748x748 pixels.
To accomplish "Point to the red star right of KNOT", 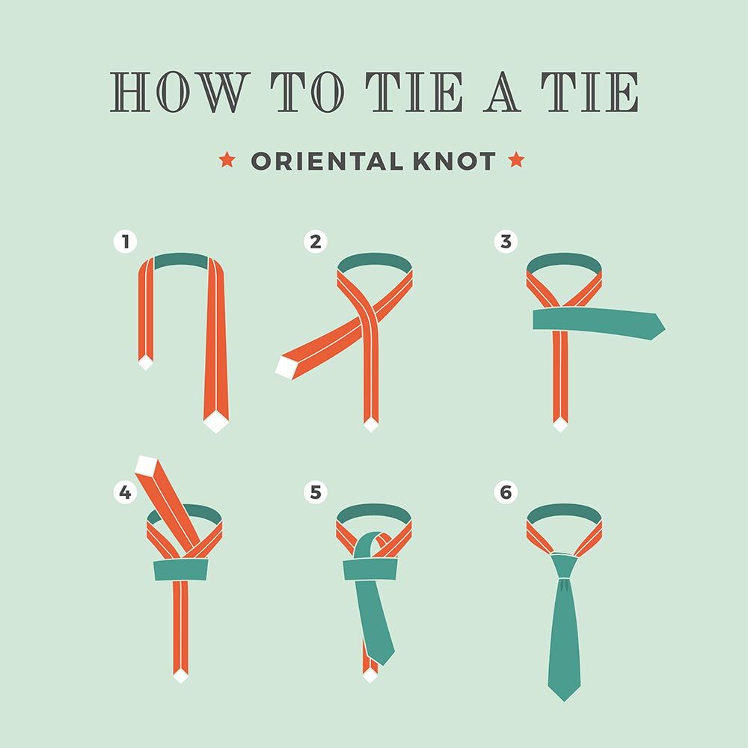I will (515, 160).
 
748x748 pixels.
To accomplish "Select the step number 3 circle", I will (506, 242).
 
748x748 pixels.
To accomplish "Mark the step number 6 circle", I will (506, 492).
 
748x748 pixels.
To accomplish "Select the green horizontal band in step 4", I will (180, 570).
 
